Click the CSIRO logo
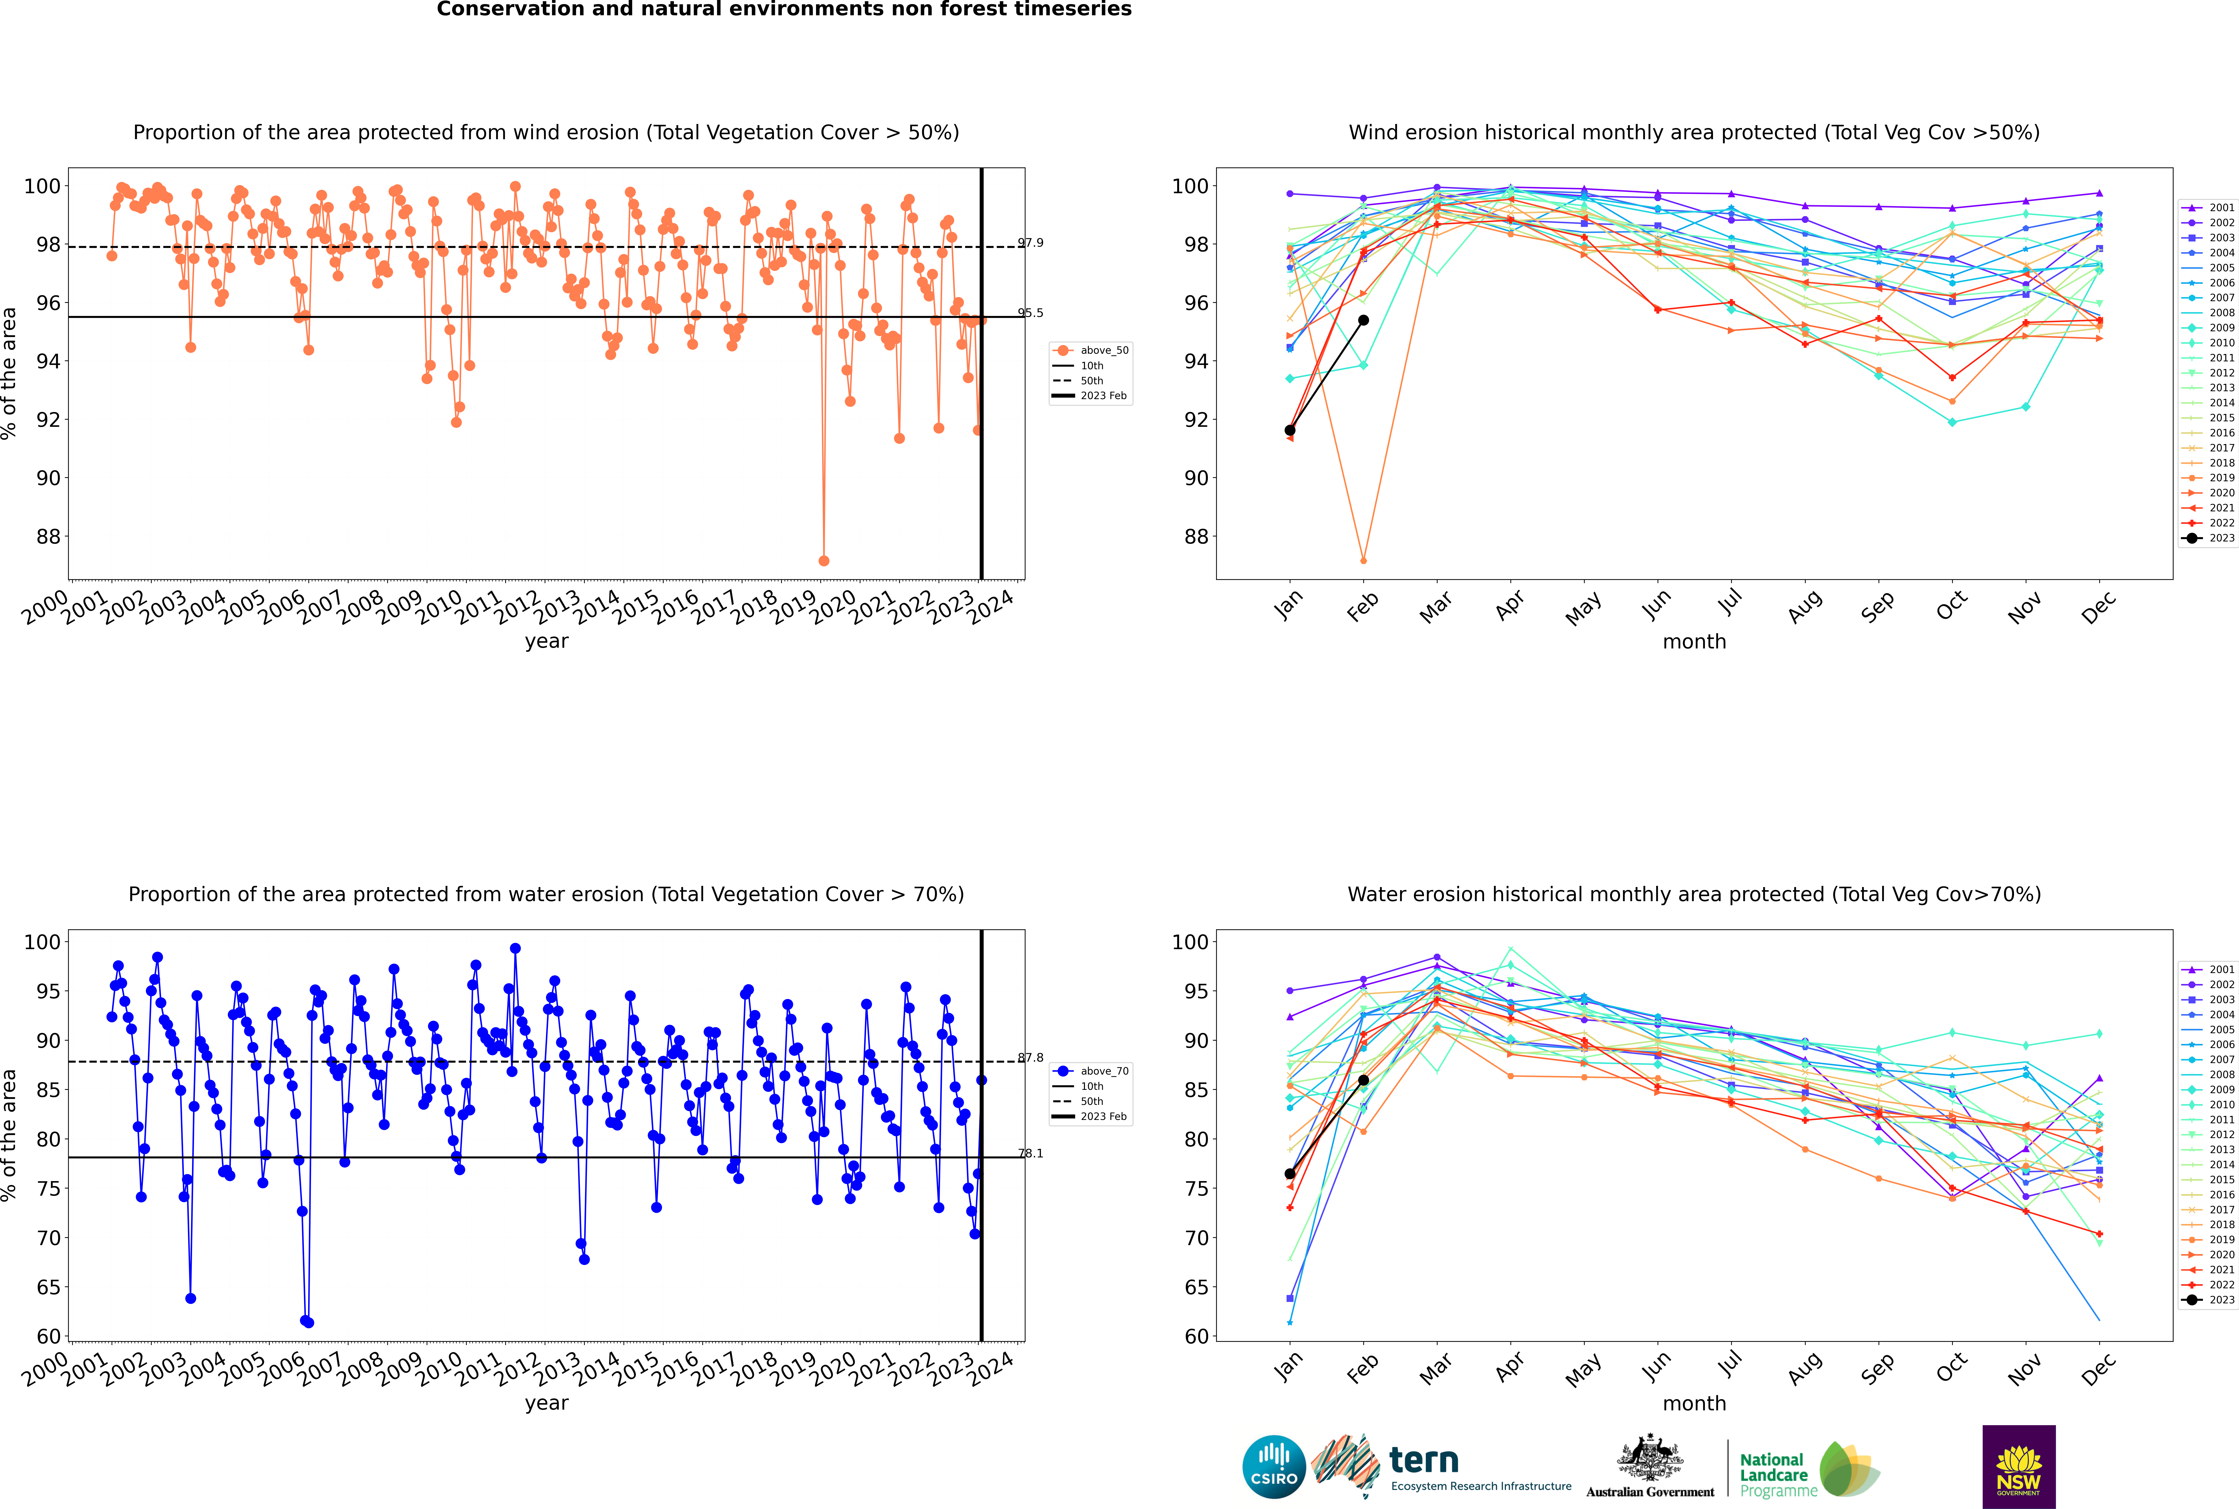[x=1273, y=1467]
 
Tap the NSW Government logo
[x=2019, y=1466]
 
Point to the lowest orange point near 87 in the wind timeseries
[x=823, y=560]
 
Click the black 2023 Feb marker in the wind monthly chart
[x=1363, y=321]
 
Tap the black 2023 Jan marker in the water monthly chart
[x=1290, y=1174]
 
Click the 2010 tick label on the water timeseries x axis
[x=439, y=1370]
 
